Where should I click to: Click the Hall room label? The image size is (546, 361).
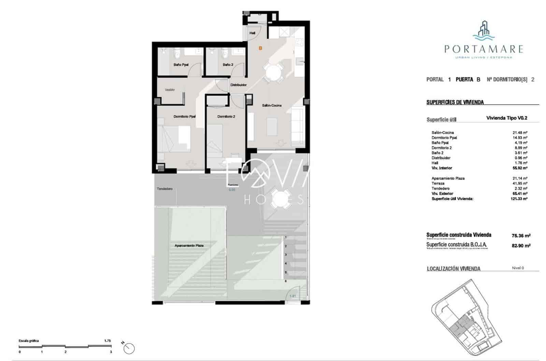point(253,33)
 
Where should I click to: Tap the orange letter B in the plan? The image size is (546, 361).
point(260,48)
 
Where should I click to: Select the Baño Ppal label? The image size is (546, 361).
point(181,64)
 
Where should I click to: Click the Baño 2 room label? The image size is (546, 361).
point(228,64)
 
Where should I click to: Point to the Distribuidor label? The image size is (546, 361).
point(239,85)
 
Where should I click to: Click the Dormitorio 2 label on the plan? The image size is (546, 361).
point(226,117)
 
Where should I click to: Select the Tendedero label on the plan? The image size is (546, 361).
point(164,189)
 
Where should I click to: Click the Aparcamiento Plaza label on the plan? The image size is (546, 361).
point(189,246)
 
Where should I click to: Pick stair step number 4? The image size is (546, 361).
point(286,263)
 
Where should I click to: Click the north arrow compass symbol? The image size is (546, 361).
point(129,348)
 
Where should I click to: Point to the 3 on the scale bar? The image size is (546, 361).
point(111,351)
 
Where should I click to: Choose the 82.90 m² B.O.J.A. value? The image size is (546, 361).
point(521,246)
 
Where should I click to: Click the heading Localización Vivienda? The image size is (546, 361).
point(454,269)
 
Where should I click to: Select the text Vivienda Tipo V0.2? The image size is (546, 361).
point(507,118)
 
